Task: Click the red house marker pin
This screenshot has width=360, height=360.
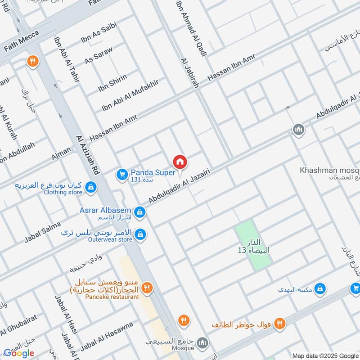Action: point(180,162)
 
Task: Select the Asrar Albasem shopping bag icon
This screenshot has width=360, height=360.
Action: point(140,211)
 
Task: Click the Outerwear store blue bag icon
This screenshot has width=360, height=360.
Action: point(141,234)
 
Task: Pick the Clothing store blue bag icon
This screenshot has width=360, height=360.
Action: point(90,187)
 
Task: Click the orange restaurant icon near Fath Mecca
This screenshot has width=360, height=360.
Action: point(32,61)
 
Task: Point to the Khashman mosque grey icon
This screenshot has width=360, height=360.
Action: point(298,130)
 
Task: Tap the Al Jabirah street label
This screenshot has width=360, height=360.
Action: point(189,72)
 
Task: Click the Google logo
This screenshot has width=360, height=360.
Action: point(19,353)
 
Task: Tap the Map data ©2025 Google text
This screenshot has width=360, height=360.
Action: point(325,355)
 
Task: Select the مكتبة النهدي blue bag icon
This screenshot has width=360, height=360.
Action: point(320,288)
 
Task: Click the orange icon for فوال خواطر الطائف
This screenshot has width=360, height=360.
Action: point(279,323)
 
